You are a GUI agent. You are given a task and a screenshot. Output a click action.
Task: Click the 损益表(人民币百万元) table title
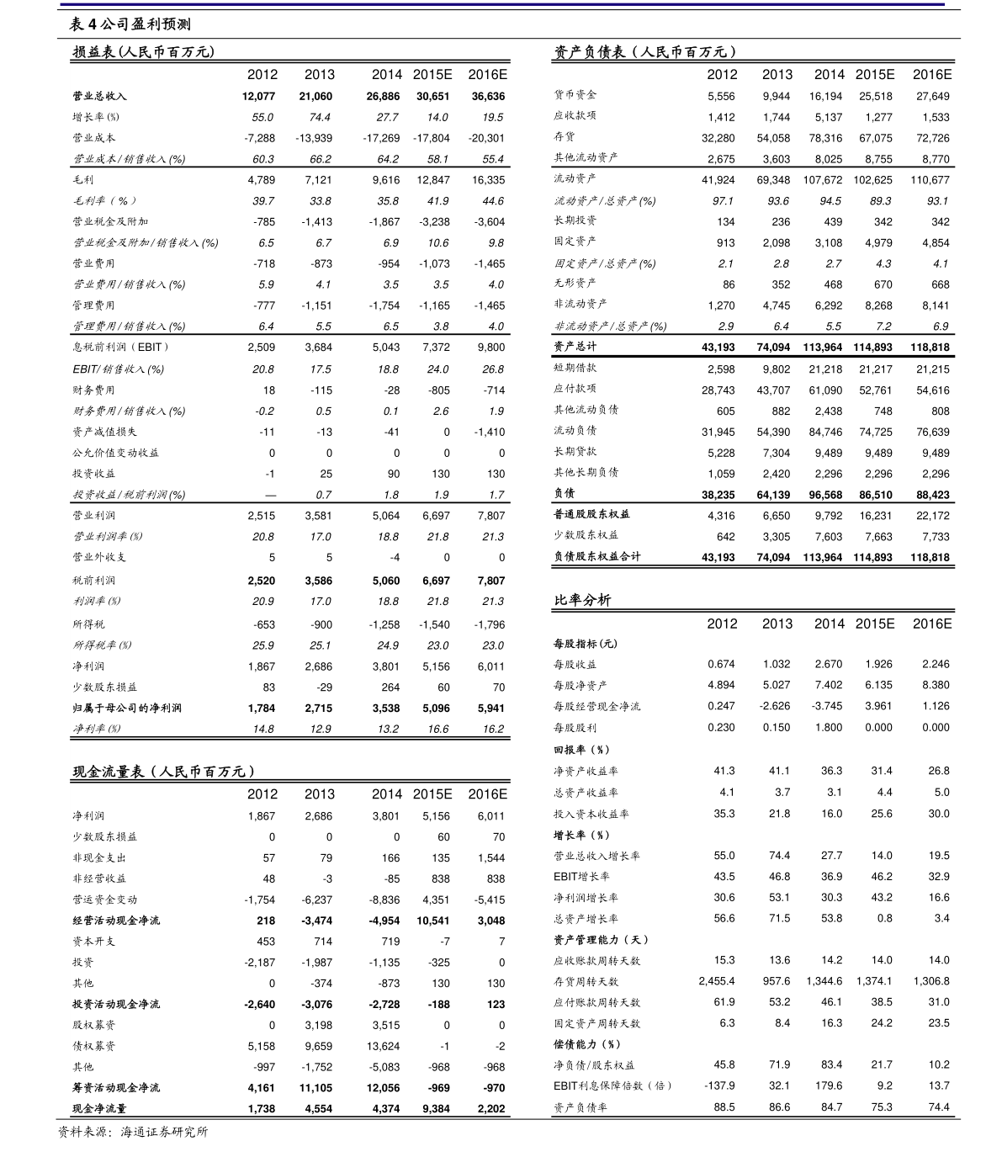coord(144,52)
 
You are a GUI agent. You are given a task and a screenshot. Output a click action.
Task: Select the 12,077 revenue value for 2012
coord(258,97)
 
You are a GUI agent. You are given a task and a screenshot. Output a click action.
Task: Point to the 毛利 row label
coord(83,180)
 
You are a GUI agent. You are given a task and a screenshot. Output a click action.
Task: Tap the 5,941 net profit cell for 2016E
coord(490,709)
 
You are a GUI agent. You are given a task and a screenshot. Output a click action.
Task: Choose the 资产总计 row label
coord(575,347)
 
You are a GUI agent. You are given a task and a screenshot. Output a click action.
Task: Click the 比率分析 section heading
coord(582,600)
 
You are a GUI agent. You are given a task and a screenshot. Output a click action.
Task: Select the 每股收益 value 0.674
coord(721,664)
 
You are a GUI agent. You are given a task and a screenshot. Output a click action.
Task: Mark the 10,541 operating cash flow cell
coord(433,921)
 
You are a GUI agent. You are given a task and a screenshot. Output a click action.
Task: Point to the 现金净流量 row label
coord(99,1109)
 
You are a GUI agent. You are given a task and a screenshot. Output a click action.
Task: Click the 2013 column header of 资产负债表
coord(777,74)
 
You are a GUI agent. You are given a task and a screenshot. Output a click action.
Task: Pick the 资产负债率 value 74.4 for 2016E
coord(938,1107)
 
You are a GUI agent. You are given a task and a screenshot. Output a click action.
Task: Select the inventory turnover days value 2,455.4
coord(716,981)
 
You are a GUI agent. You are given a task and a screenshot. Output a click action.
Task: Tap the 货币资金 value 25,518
coord(875,97)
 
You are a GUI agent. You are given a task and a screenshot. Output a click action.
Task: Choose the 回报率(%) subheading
coord(581,750)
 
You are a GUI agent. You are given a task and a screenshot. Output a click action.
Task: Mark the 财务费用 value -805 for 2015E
coord(438,390)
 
